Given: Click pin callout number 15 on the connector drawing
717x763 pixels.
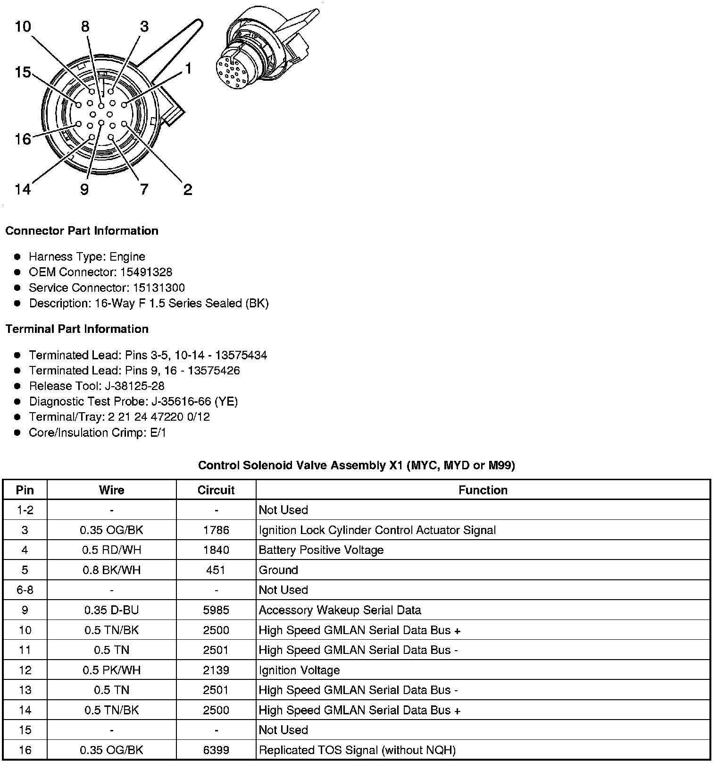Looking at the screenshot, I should point(23,73).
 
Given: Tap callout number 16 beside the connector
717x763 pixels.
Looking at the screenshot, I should point(23,139).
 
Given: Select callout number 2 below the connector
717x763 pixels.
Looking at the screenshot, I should point(188,190).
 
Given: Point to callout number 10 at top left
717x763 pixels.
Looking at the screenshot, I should point(23,26).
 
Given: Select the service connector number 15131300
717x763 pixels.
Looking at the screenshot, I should point(158,288).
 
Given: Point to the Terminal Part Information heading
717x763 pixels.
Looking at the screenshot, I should point(77,329).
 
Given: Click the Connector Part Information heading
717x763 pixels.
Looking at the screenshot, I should point(82,231).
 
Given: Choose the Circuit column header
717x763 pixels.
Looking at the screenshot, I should point(216,490).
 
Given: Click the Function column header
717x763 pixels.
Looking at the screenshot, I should point(483,490).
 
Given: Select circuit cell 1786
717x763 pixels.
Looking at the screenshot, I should point(216,530).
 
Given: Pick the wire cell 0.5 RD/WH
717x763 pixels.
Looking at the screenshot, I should point(112,550).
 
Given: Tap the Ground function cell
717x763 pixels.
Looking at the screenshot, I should point(278,570).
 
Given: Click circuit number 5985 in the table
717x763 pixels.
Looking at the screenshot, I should point(216,610).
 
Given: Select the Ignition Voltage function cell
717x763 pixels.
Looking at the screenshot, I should point(299,670).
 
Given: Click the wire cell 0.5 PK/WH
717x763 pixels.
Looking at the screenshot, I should point(112,670).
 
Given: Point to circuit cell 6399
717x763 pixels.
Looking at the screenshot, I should point(216,750).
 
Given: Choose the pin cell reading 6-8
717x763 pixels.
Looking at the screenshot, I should point(25,590).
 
